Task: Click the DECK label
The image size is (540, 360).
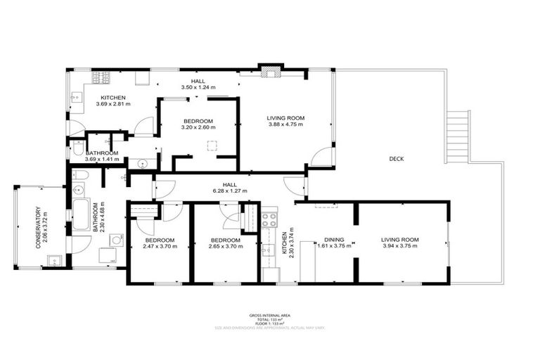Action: point(396,159)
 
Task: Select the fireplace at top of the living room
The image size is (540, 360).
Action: point(270,70)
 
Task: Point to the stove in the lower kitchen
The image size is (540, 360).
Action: point(268,219)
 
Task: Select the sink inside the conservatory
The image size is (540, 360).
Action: point(53,261)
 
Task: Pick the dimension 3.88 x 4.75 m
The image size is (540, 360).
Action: point(285,124)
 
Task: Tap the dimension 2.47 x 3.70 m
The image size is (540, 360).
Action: point(160,247)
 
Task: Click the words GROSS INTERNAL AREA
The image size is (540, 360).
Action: point(269,315)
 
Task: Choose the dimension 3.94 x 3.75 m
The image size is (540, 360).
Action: point(400,247)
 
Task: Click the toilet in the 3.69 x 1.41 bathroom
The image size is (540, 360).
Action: point(77,148)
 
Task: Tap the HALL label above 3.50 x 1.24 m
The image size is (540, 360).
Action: point(198,82)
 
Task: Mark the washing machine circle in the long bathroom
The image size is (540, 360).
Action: point(117,239)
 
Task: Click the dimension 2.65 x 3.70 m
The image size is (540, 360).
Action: point(225,247)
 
